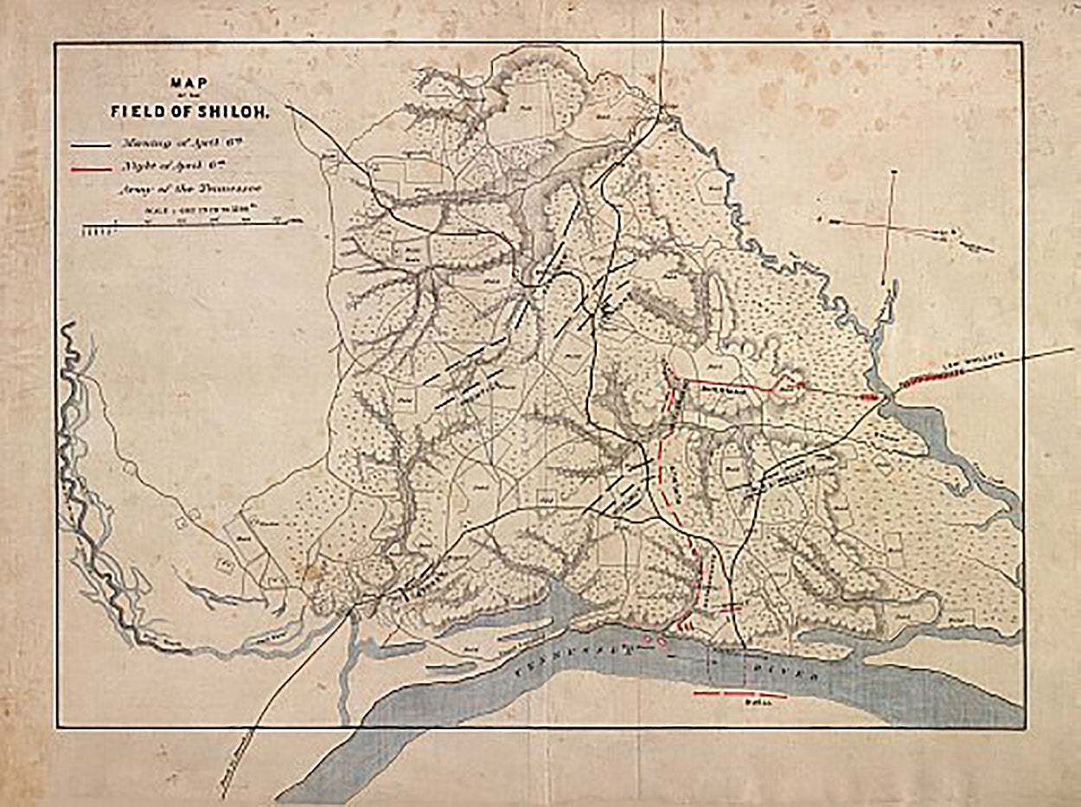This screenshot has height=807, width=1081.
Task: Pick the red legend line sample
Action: [95, 169]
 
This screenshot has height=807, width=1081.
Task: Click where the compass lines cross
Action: [890, 227]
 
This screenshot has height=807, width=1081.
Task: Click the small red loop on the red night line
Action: [787, 382]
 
